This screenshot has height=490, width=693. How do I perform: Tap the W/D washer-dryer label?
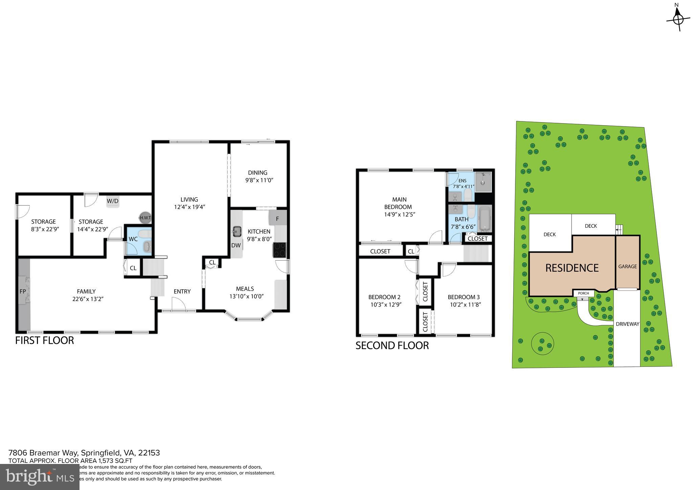[x=113, y=201]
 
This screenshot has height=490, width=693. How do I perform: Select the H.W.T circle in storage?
[x=145, y=218]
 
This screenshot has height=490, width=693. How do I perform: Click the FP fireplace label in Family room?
[x=23, y=291]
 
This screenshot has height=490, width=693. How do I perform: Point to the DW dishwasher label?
[x=236, y=245]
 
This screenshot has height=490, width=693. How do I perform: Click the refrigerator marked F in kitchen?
[x=277, y=218]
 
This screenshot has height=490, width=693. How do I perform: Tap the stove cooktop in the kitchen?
[x=280, y=250]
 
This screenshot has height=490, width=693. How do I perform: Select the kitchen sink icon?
[x=237, y=232]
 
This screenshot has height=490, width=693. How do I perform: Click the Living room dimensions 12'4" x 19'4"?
[x=189, y=207]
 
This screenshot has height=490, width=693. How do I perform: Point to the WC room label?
[x=133, y=239]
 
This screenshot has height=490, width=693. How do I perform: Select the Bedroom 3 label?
[x=464, y=297]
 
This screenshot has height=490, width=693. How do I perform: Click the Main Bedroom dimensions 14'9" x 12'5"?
[x=400, y=214]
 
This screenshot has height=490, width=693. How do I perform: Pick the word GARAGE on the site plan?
[x=627, y=266]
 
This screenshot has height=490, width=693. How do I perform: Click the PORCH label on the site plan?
[x=583, y=293]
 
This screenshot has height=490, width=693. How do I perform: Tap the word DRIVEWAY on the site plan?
[x=627, y=324]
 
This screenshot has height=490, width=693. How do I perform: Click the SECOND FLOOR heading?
[x=392, y=346]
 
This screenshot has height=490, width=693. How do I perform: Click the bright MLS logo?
[x=40, y=477]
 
